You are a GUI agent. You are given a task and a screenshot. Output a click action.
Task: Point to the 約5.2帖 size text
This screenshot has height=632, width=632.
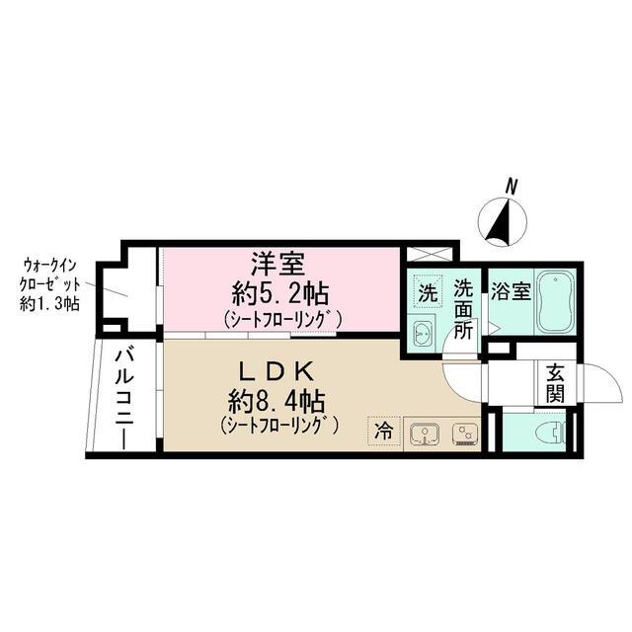(x=282, y=292)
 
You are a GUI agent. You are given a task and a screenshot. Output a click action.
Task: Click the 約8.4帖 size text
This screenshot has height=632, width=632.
(x=277, y=401)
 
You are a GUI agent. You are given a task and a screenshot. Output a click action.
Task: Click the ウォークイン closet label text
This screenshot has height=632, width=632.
(x=51, y=266)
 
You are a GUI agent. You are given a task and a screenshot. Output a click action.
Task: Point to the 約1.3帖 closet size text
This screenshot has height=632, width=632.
(x=51, y=304)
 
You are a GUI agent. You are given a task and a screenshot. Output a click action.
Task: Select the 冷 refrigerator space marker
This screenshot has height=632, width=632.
(x=385, y=431)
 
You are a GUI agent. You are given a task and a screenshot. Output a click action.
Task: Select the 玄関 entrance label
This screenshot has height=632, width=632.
(x=554, y=384)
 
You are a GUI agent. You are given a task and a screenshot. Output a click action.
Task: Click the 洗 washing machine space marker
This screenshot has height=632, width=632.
(x=427, y=292)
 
